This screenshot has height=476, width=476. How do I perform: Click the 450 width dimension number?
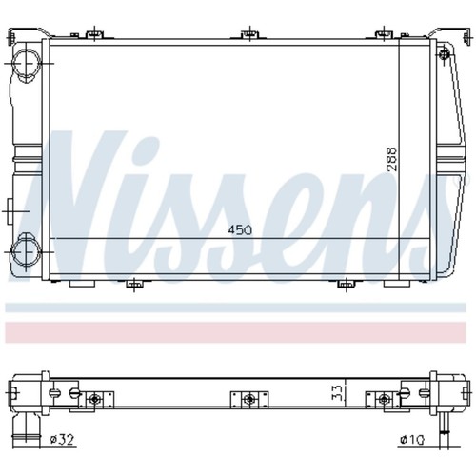[x=240, y=229]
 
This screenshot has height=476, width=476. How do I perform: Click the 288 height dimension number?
[x=391, y=159]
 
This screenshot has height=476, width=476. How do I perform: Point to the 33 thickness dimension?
[x=338, y=392]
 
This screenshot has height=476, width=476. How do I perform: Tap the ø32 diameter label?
[x=62, y=440]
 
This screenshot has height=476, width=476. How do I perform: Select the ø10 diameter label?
[x=412, y=440]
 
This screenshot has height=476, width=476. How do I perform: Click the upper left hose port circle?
[x=27, y=63]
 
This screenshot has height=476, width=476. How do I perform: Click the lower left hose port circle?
[x=26, y=251]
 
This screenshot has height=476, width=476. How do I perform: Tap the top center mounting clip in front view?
[x=250, y=33]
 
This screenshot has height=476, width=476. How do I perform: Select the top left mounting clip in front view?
[x=95, y=33]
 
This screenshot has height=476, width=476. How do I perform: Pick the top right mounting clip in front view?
[x=384, y=33]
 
